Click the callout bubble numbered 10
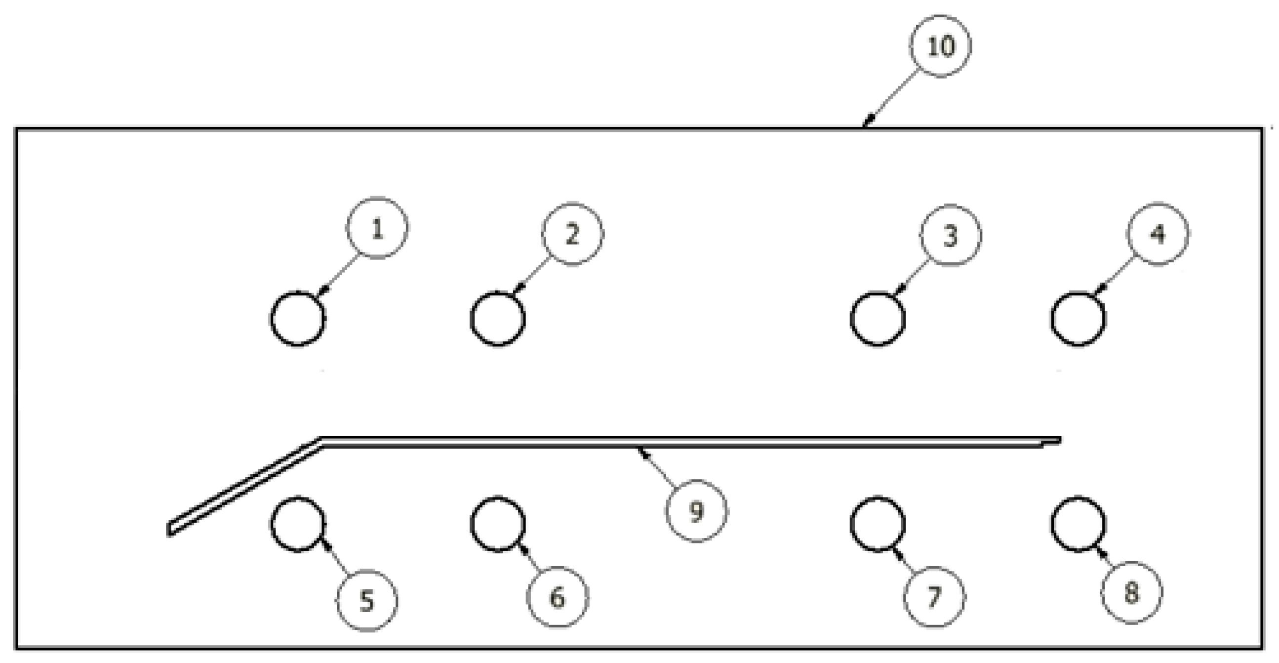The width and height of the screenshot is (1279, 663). [x=940, y=46]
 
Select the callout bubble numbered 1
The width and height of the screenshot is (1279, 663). [x=377, y=228]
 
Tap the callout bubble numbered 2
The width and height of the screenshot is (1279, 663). [x=572, y=234]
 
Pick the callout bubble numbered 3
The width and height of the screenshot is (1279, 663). [x=950, y=235]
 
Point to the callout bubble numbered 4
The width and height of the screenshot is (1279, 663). [x=1158, y=234]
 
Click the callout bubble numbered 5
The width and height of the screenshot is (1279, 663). [x=366, y=601]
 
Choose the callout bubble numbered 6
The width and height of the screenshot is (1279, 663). [x=557, y=597]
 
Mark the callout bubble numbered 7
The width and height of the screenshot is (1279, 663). [x=934, y=597]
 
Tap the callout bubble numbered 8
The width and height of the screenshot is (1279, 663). [x=1131, y=592]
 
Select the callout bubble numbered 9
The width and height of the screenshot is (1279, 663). [x=696, y=511]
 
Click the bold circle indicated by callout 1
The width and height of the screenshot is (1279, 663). [x=298, y=318]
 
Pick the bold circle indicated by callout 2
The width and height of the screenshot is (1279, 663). [x=497, y=318]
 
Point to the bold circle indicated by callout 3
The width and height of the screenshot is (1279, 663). [x=878, y=319]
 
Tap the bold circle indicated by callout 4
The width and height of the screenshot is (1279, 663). [x=1078, y=319]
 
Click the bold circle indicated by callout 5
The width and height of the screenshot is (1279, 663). [x=298, y=525]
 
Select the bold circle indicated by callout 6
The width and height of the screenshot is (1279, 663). [x=497, y=524]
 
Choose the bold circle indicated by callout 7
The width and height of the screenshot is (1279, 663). [x=878, y=525]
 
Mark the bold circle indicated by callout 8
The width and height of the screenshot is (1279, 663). [x=1078, y=525]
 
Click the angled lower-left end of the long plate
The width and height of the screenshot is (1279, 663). [x=171, y=529]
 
